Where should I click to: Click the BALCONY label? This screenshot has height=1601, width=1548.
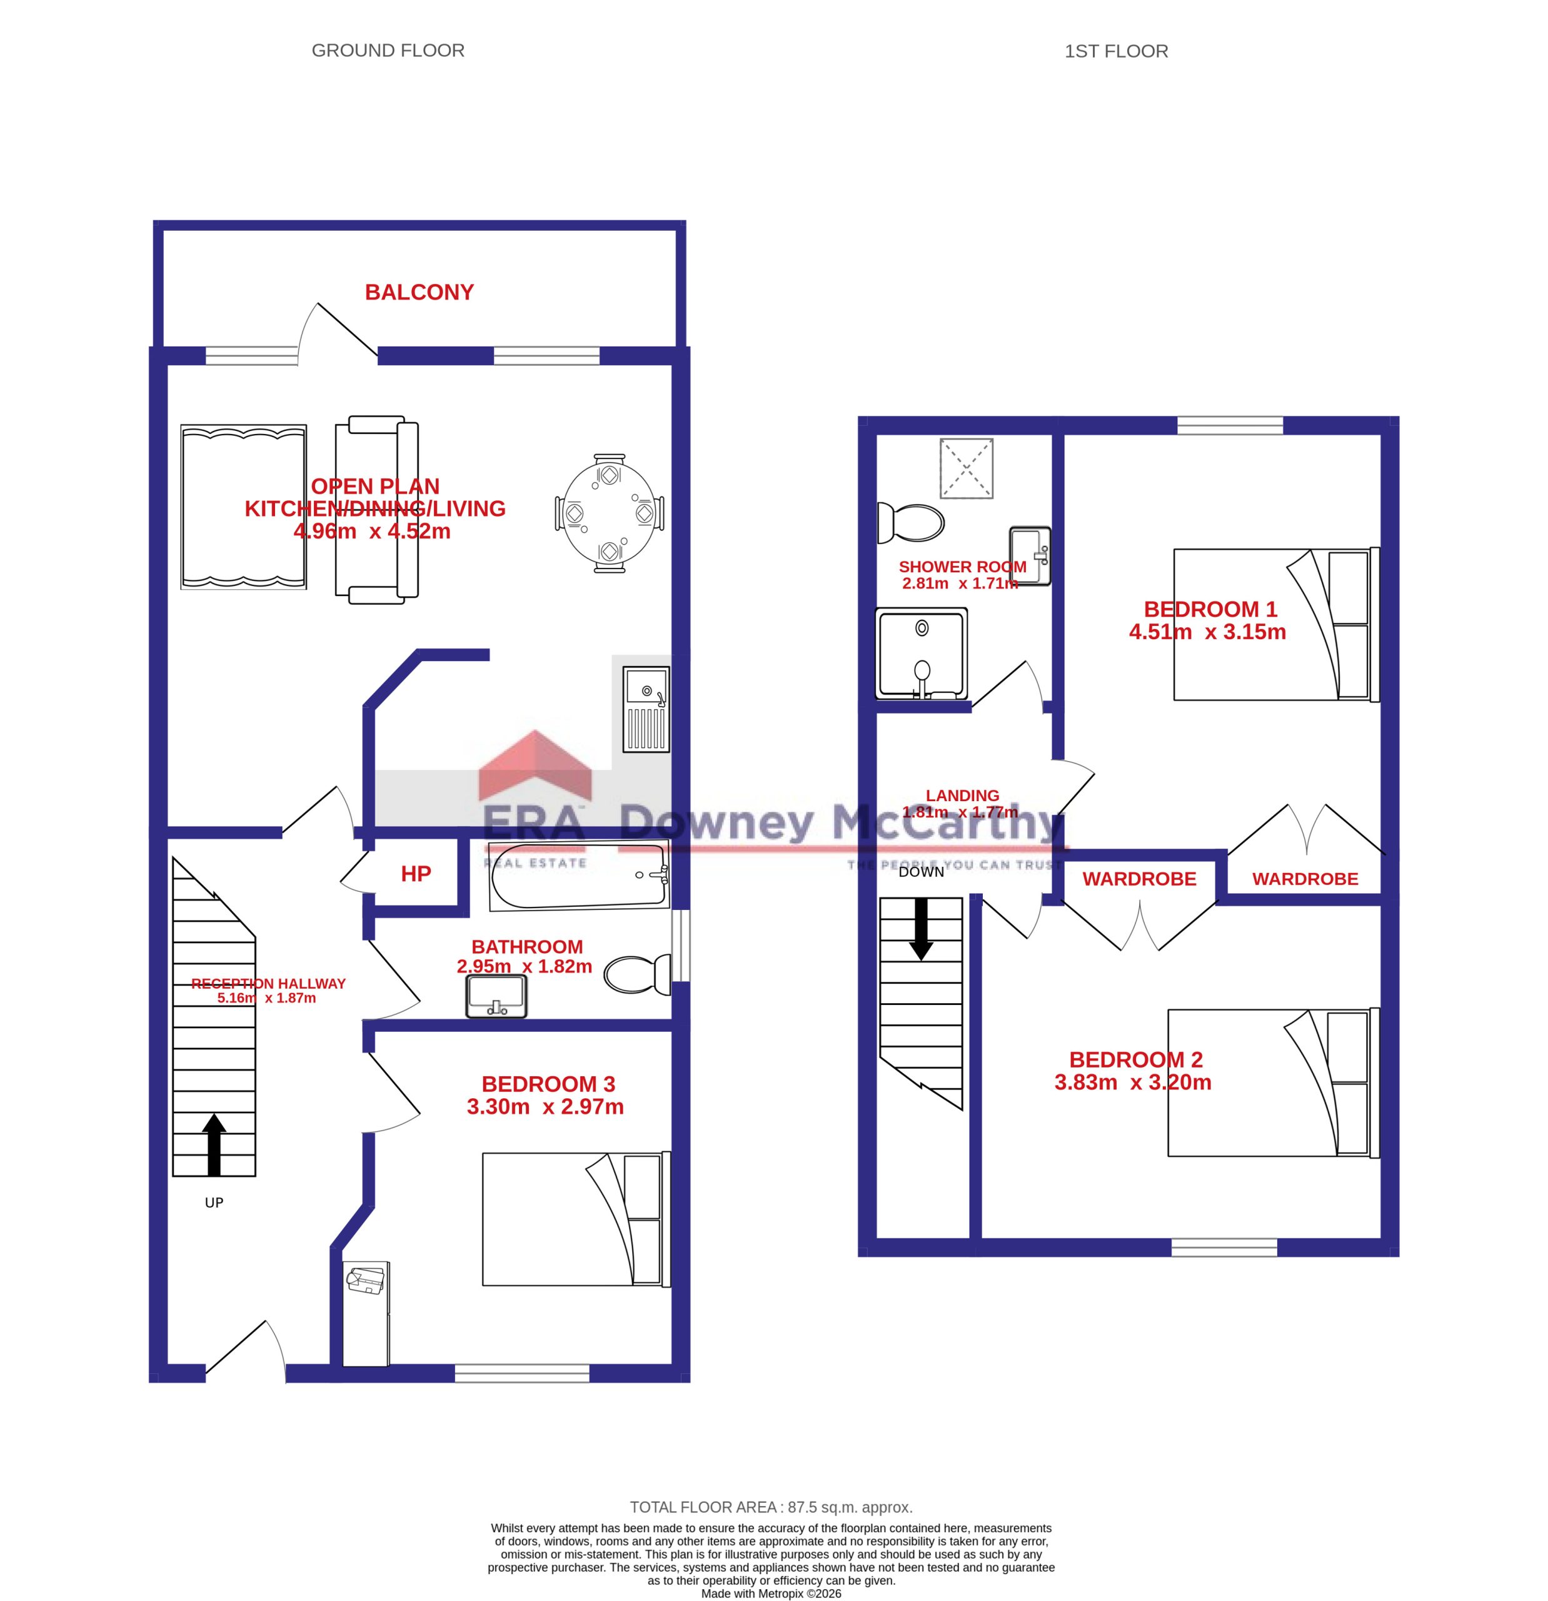click(x=419, y=293)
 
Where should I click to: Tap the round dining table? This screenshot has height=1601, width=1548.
click(x=608, y=513)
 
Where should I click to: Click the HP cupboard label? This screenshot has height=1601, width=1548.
click(x=416, y=874)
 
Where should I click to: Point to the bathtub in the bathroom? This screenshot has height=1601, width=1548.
click(x=579, y=876)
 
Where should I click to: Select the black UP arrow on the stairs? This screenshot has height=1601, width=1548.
click(x=214, y=1145)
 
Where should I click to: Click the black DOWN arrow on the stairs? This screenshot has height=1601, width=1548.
click(x=921, y=929)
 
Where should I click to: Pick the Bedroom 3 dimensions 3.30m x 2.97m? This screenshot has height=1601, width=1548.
click(x=545, y=1107)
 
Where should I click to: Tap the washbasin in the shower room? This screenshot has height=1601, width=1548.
click(x=1030, y=555)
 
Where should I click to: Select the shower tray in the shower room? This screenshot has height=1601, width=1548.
click(x=921, y=654)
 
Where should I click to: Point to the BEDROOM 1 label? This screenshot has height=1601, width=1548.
click(x=1210, y=609)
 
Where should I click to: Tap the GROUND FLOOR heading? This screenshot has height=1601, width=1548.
click(x=388, y=51)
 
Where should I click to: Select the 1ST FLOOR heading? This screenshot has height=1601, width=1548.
click(x=1116, y=51)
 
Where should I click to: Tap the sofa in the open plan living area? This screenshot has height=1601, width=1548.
click(x=376, y=510)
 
